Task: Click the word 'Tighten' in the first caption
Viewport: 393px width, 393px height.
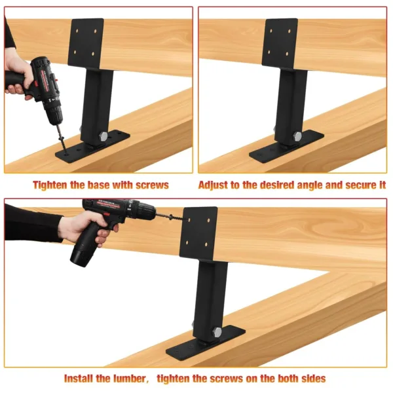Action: click(52, 185)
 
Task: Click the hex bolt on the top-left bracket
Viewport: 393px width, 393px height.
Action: click(103, 136)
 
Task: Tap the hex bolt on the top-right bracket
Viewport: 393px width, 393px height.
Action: click(297, 136)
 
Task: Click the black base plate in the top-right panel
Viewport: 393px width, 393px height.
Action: click(286, 148)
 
